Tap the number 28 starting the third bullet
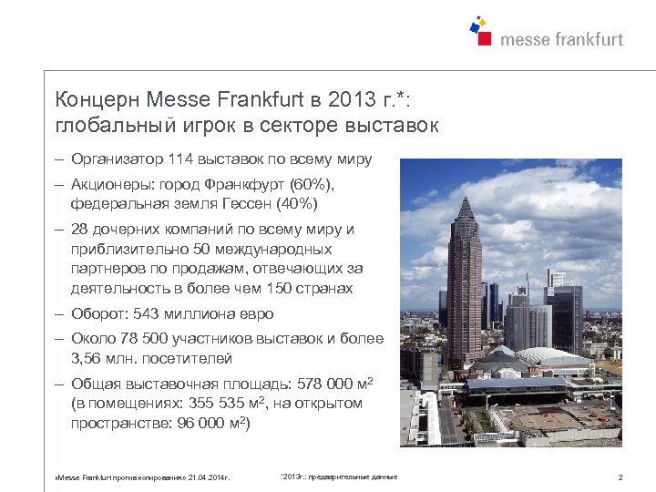coord(79,229)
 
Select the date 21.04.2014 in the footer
coord(209,477)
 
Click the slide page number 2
coord(620,477)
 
